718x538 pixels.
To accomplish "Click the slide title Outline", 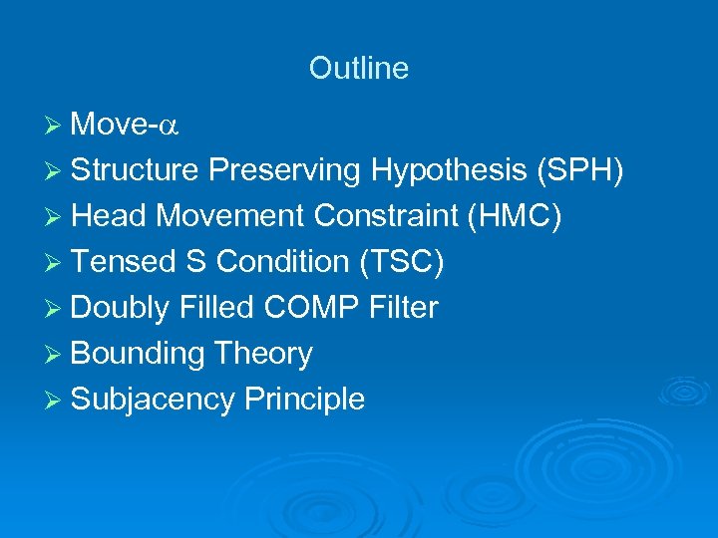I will [x=358, y=68].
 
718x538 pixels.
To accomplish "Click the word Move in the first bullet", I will [x=110, y=125].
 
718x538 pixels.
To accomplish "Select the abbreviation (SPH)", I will [x=580, y=170].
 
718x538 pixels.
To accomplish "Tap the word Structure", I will [x=136, y=170].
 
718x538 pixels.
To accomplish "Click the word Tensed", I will [x=123, y=262].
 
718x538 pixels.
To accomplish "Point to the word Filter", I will [x=403, y=308].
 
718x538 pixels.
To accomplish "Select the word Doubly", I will [x=121, y=308].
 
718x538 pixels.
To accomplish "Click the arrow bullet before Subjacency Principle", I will [x=56, y=400].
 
